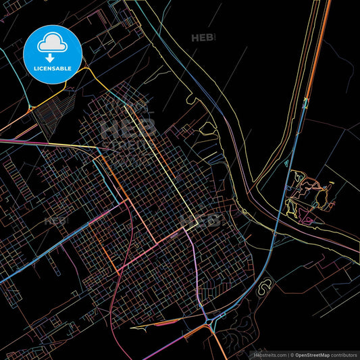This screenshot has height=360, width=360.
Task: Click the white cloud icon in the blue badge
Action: pyautogui.click(x=51, y=43)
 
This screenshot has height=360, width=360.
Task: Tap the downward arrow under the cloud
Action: pyautogui.click(x=51, y=59)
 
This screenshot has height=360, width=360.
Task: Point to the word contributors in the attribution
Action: pyautogui.click(x=342, y=354)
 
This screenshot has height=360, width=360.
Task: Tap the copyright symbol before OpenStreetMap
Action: pyautogui.click(x=291, y=354)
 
